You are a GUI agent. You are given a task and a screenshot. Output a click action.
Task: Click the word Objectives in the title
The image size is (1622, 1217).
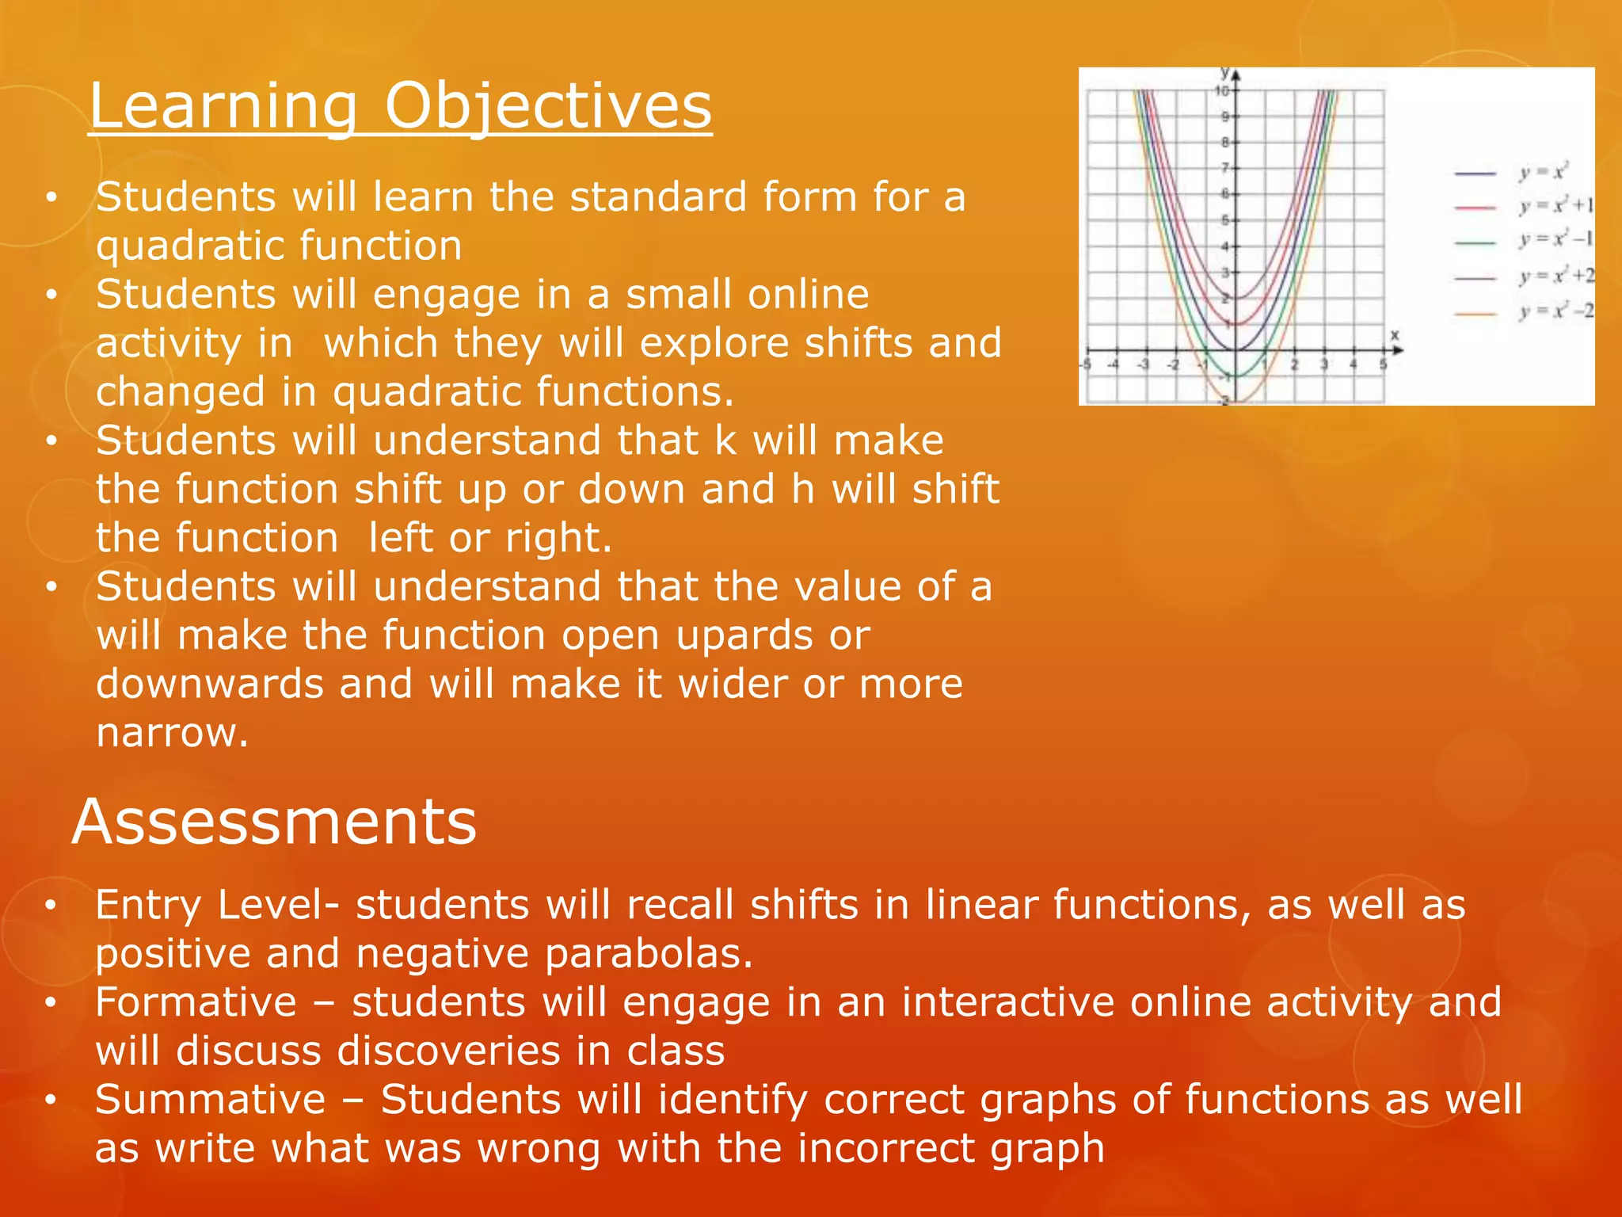coord(548,106)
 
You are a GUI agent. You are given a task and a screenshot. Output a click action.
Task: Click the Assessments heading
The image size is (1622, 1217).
coord(274,822)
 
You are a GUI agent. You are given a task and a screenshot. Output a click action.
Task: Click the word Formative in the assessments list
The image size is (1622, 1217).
coord(196,1002)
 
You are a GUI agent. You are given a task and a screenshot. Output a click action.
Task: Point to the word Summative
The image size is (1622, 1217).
coord(210,1100)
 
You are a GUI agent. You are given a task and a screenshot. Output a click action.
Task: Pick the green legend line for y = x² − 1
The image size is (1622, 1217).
coord(1475,242)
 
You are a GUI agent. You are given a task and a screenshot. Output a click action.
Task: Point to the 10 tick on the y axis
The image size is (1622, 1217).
coord(1222,91)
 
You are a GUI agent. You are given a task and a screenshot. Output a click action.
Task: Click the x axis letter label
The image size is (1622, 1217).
coord(1395,335)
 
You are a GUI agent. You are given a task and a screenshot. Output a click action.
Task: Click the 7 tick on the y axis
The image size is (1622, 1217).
coord(1225,168)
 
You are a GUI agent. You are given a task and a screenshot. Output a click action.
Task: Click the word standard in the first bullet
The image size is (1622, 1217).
coord(658,197)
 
